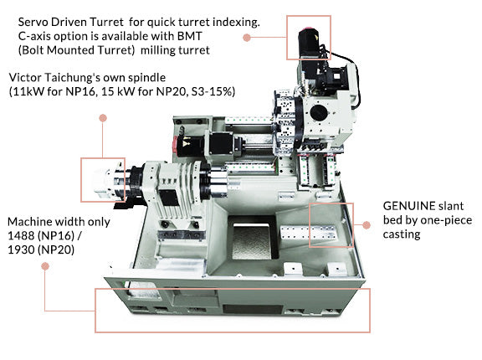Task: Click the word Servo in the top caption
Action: [x=33, y=22]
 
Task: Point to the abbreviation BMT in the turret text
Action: [x=189, y=36]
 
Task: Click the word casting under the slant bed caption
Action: [x=402, y=234]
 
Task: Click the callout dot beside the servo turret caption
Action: [x=247, y=38]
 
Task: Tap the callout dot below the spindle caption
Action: [x=103, y=118]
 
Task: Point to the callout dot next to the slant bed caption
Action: [x=367, y=225]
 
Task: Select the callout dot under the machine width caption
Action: [x=45, y=266]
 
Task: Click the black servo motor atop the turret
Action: [x=310, y=43]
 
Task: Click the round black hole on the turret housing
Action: [x=318, y=112]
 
